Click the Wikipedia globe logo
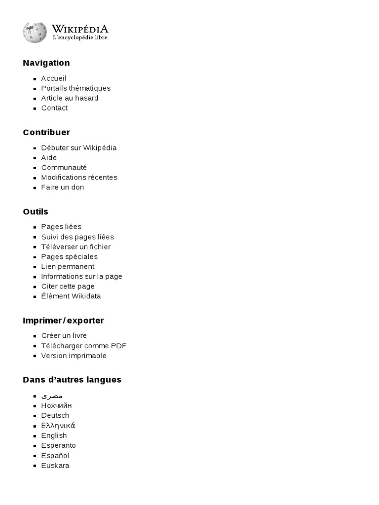[35, 32]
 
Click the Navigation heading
[46, 63]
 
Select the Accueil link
[53, 78]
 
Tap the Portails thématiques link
[76, 88]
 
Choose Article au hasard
[70, 98]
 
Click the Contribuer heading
[46, 132]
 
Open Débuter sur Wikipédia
[78, 148]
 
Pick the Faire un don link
[62, 187]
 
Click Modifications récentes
[79, 178]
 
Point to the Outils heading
[35, 212]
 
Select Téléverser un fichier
[76, 247]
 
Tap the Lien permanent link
[68, 267]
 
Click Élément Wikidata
[71, 296]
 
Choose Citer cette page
[68, 287]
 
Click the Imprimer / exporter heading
[63, 321]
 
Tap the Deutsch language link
[55, 416]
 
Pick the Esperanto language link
[58, 446]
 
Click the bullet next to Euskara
[35, 466]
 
